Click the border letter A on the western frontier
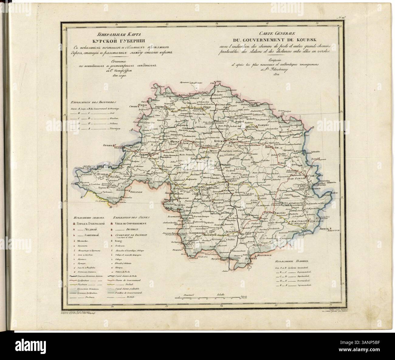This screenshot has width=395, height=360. pos(132,130)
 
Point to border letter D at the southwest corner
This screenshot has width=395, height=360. pos(110,207)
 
